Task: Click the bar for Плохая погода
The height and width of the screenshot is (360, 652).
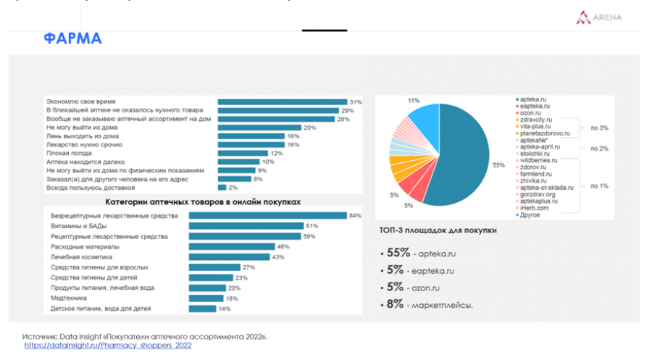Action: pyautogui.click(x=243, y=154)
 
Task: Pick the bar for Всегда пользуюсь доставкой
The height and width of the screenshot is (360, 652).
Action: pyautogui.click(x=222, y=188)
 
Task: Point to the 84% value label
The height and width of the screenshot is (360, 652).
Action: pyautogui.click(x=355, y=216)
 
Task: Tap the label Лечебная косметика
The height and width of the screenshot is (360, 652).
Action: pyautogui.click(x=82, y=257)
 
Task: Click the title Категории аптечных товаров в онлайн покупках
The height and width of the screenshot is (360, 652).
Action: pyautogui.click(x=203, y=202)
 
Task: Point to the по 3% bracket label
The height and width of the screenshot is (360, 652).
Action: pyautogui.click(x=599, y=127)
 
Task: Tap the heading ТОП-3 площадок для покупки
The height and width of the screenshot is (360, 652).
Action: pyautogui.click(x=438, y=230)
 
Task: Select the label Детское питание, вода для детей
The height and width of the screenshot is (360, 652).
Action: pyautogui.click(x=101, y=309)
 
